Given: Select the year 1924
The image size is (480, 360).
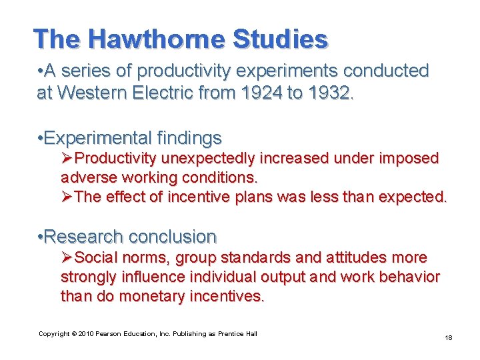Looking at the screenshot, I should point(259,93).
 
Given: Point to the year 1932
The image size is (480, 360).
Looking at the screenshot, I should point(329,93).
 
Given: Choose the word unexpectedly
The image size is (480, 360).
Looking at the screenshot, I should point(217,159).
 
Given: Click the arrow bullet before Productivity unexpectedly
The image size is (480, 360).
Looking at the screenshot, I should point(67,159).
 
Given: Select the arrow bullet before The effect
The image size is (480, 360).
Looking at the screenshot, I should point(67,197).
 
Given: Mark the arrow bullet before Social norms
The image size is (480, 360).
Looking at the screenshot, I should point(67,257).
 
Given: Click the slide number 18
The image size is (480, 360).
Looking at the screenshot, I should point(449,338).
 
